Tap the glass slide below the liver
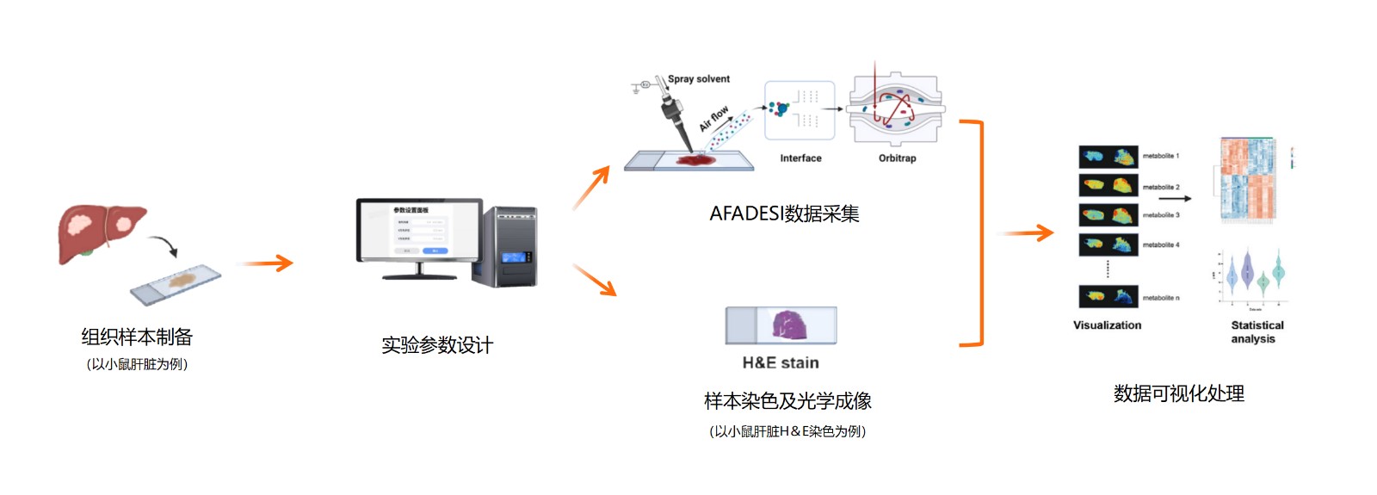tap(176, 284)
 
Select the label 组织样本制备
tap(137, 337)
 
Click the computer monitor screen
tap(419, 230)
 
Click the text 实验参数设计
tap(437, 345)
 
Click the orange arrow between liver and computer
tap(268, 263)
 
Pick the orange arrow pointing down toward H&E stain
tap(595, 280)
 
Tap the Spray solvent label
tap(699, 79)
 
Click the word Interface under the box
tap(800, 158)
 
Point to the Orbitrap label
tap(897, 158)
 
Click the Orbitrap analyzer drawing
tap(896, 108)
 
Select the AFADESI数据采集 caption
tap(784, 213)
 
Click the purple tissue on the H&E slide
tap(789, 325)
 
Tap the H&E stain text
tap(781, 362)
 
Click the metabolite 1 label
tap(1160, 156)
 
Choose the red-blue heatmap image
tap(1246, 180)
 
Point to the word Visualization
tap(1107, 325)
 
